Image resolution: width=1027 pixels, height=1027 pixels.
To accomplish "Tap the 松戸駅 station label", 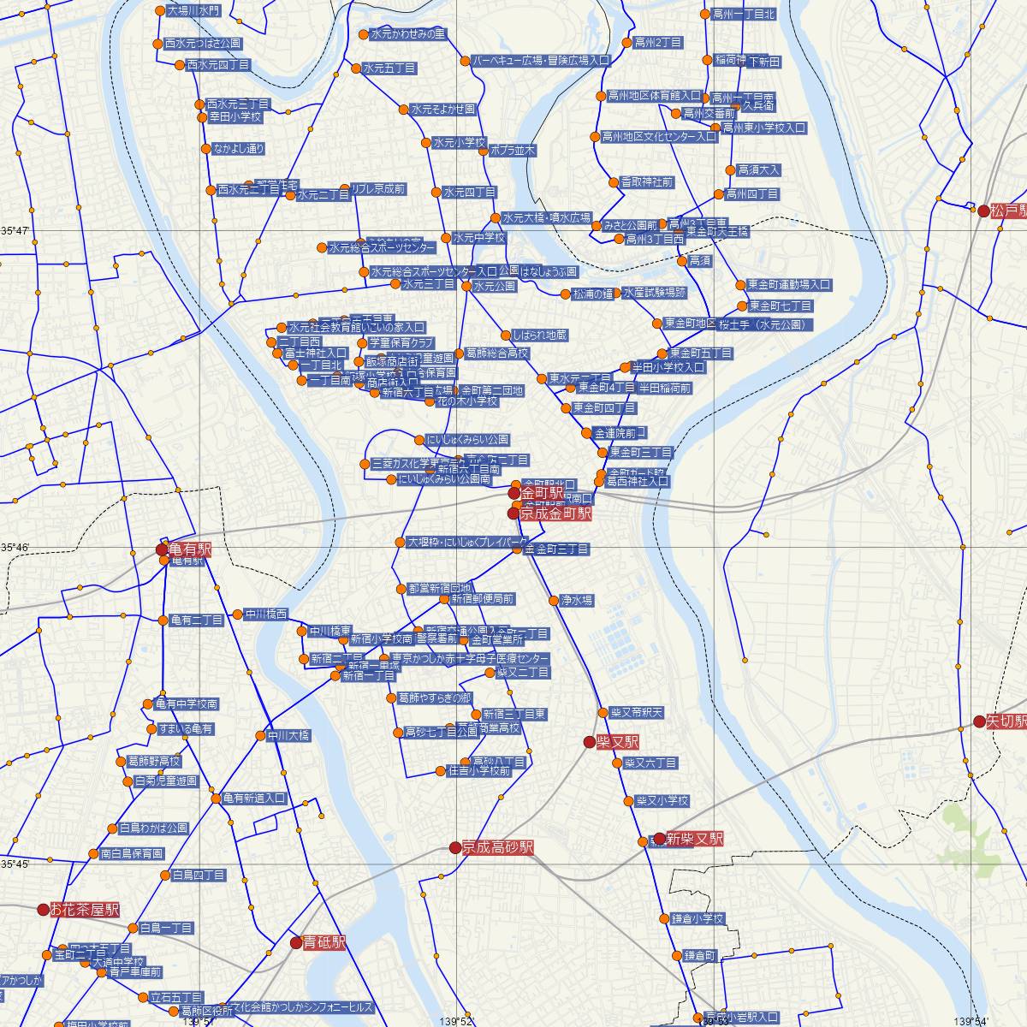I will coord(1008,211).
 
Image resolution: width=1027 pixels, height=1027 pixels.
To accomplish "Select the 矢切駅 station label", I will coord(1006,721).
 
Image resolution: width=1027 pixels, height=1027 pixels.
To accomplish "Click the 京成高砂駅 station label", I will coord(497,847).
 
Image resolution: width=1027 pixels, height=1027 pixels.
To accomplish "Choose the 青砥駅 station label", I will coord(325,942).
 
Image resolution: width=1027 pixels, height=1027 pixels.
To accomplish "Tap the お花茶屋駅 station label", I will coord(84,910).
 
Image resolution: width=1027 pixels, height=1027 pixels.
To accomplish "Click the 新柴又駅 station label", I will coord(694,839).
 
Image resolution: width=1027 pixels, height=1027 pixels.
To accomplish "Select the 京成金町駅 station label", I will coord(555,513).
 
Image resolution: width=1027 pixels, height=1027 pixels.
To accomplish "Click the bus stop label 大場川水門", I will coord(193,11).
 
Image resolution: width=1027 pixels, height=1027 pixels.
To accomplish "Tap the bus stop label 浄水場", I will coord(576,601).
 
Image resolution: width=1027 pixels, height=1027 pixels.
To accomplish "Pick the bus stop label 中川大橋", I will coord(288,735).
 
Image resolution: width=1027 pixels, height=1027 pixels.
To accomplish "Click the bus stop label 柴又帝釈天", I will coord(636,712).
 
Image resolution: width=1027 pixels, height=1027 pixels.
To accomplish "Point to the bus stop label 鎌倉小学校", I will coord(698,919).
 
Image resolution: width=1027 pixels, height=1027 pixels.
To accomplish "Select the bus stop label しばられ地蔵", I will coord(538,335).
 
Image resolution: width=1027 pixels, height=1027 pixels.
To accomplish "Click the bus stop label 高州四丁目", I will coord(752,194).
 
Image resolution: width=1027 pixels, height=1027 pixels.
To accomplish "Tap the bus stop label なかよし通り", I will coord(239,149).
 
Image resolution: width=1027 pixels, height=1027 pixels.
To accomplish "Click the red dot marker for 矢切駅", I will coord(980,721).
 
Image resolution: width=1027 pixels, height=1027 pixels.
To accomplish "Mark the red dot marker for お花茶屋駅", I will coord(43,910).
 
